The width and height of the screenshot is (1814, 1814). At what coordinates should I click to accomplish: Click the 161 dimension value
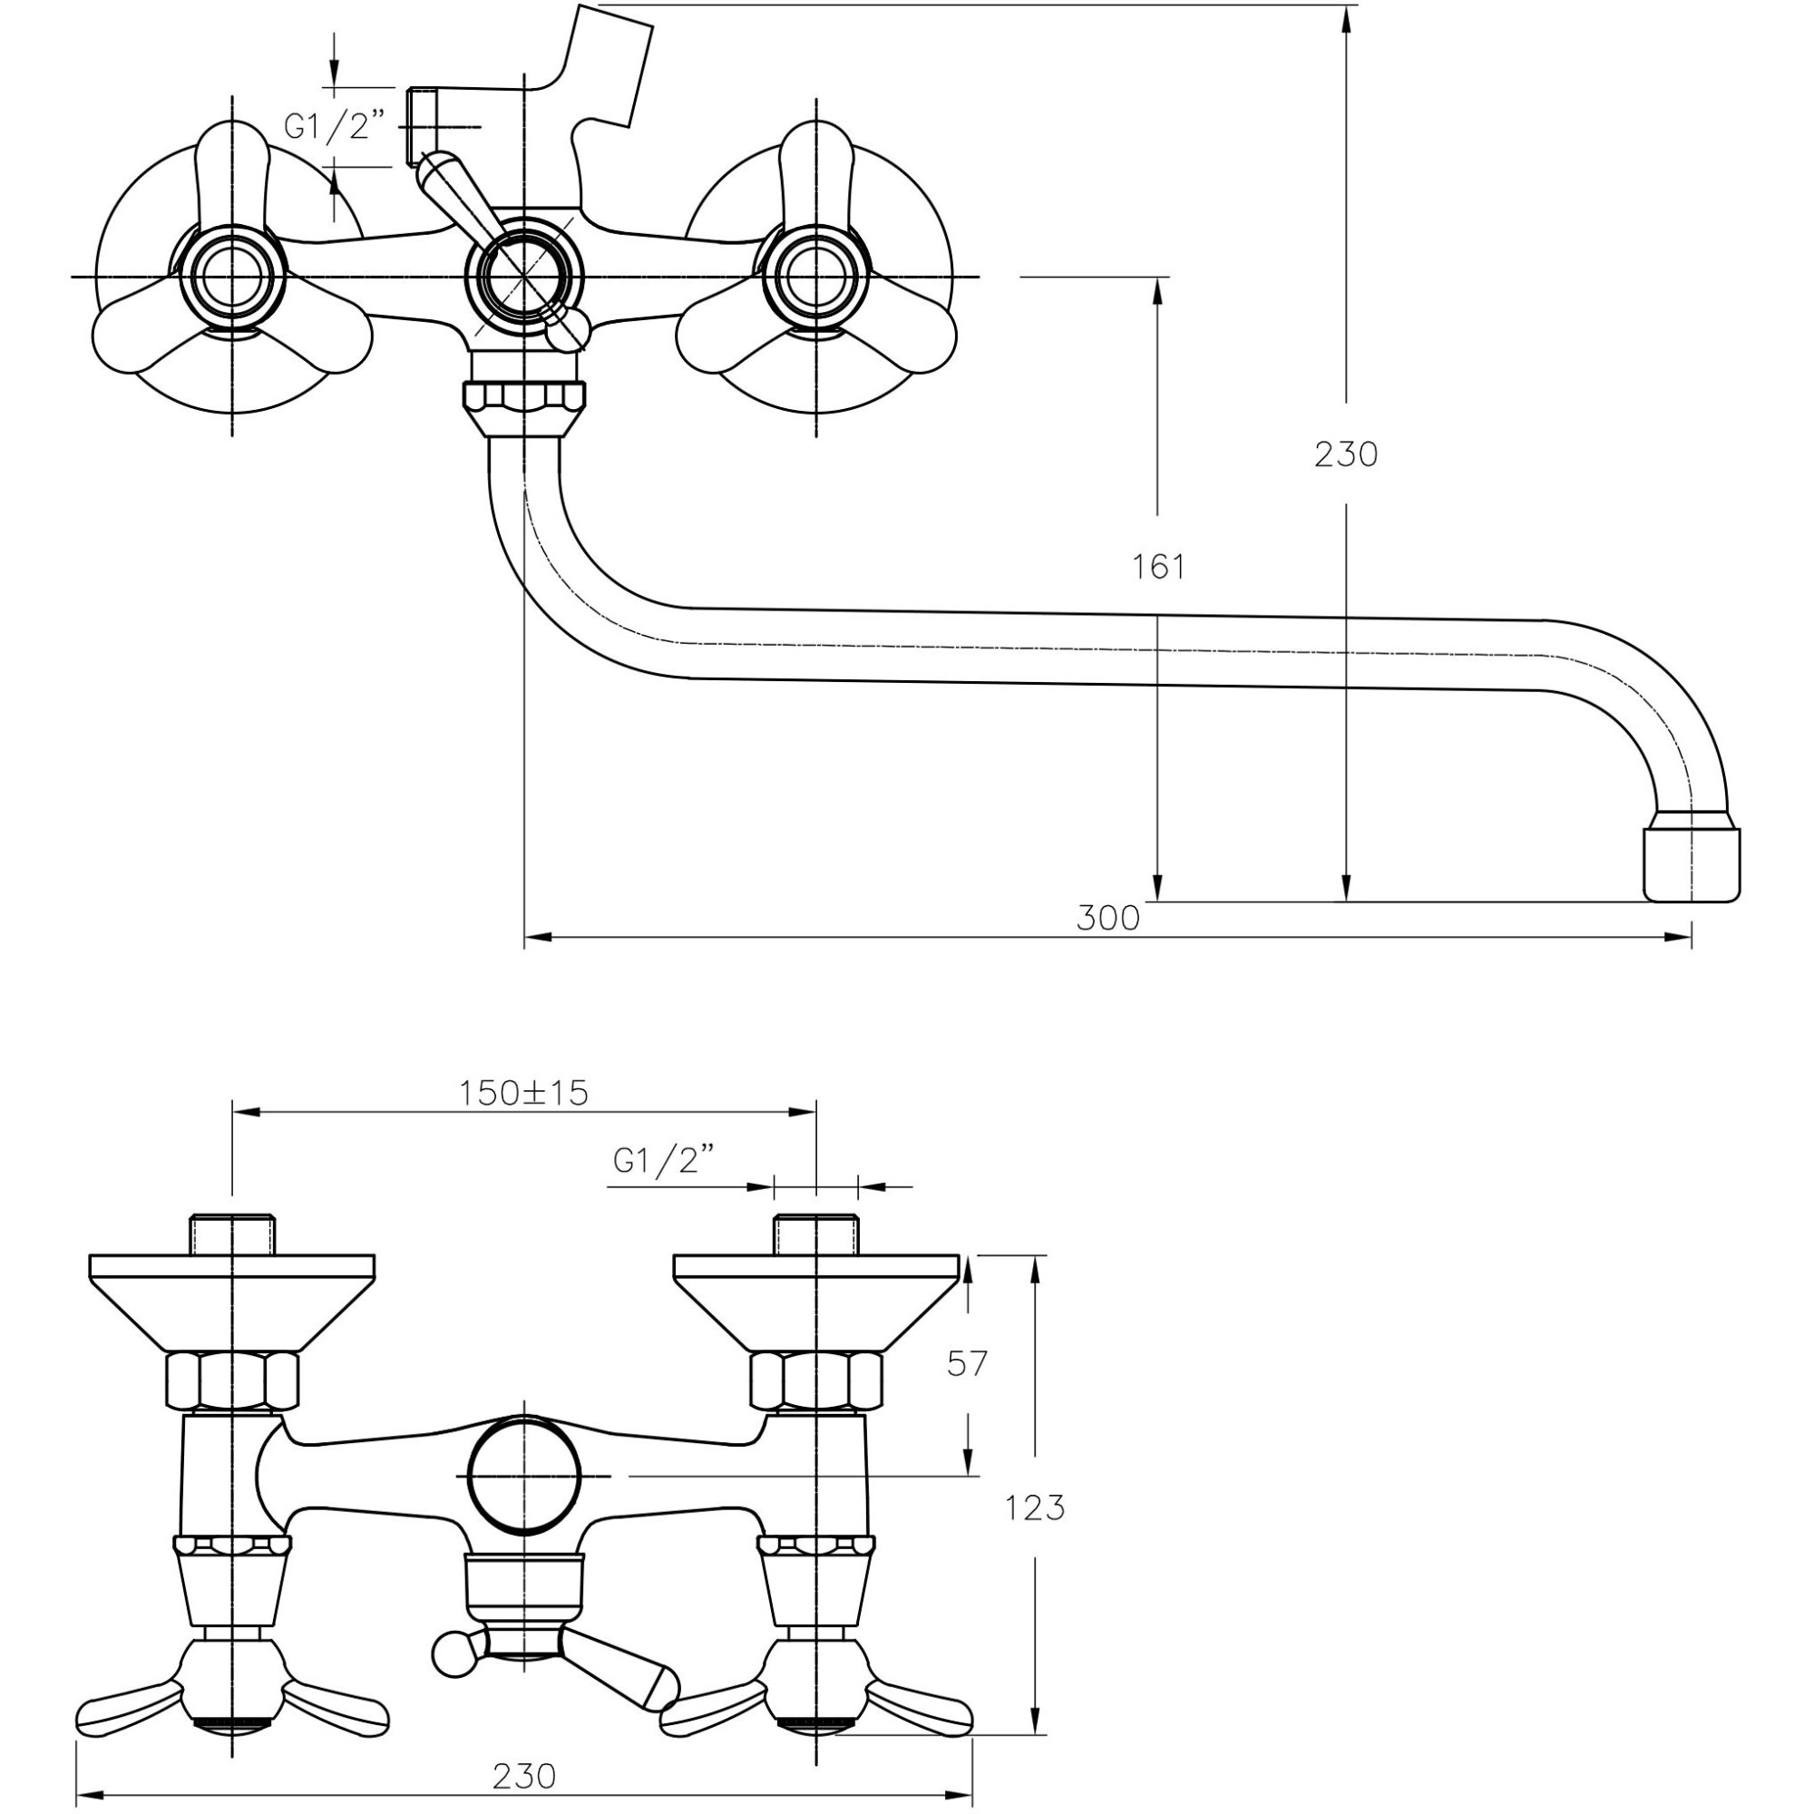[x=1157, y=567]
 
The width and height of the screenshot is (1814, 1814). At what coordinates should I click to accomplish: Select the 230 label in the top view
[x=1345, y=454]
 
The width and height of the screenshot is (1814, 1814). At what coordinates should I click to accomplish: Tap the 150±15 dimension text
[x=523, y=1093]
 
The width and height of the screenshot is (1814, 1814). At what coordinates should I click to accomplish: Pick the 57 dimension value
[x=968, y=1362]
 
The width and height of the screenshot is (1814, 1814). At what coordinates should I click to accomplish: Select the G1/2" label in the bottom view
[x=657, y=1162]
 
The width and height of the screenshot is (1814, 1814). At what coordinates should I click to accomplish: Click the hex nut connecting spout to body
[x=524, y=399]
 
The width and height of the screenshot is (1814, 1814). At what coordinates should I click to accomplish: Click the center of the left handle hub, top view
[x=231, y=278]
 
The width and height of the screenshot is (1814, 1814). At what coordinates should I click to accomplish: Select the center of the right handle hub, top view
[x=815, y=278]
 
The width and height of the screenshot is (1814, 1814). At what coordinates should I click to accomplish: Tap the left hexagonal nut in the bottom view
[x=232, y=1380]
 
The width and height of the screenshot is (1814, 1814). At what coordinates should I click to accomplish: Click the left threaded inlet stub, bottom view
[x=232, y=1235]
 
